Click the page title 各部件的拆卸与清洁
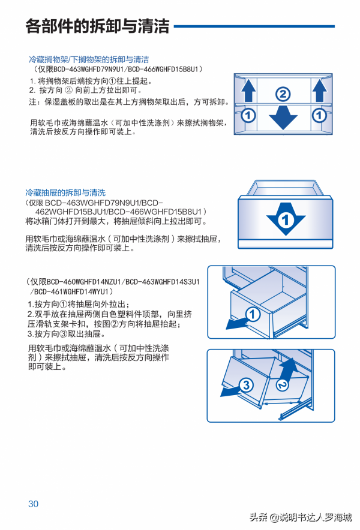[97, 27]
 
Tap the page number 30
[33, 504]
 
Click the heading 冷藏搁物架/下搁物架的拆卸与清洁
[89, 60]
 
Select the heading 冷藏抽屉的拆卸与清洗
[65, 192]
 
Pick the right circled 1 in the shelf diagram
[319, 114]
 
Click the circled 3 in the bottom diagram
[245, 386]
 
